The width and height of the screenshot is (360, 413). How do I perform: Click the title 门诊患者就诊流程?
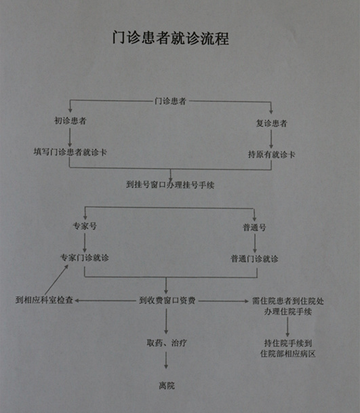point(171,38)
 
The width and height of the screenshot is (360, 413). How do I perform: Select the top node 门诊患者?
point(170,101)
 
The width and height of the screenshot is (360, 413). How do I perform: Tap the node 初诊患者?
point(71,121)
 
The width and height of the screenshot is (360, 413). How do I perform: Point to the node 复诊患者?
point(271,123)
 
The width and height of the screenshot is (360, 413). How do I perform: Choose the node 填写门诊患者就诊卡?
point(70,152)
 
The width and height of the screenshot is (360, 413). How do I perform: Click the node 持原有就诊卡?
point(271,155)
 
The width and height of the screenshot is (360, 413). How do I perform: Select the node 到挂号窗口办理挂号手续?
point(170,184)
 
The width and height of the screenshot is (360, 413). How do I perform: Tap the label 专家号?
point(85,226)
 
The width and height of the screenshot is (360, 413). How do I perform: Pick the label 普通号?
point(254,227)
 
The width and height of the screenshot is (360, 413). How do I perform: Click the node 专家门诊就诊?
point(85,257)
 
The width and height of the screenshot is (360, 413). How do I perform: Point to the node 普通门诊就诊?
point(254,258)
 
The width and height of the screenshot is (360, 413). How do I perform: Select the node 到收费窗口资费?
point(167,300)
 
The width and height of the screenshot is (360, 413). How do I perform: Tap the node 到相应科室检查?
point(44,300)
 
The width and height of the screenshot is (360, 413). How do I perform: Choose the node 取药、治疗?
point(167,342)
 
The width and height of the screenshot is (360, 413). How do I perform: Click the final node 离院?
point(167,386)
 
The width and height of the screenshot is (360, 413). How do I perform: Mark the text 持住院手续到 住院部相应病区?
point(288,348)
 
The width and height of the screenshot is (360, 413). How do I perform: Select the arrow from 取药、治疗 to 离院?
point(166,360)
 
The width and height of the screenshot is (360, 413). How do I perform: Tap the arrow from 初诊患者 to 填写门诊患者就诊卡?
point(70,137)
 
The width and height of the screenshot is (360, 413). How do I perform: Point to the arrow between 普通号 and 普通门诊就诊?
point(255,243)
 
